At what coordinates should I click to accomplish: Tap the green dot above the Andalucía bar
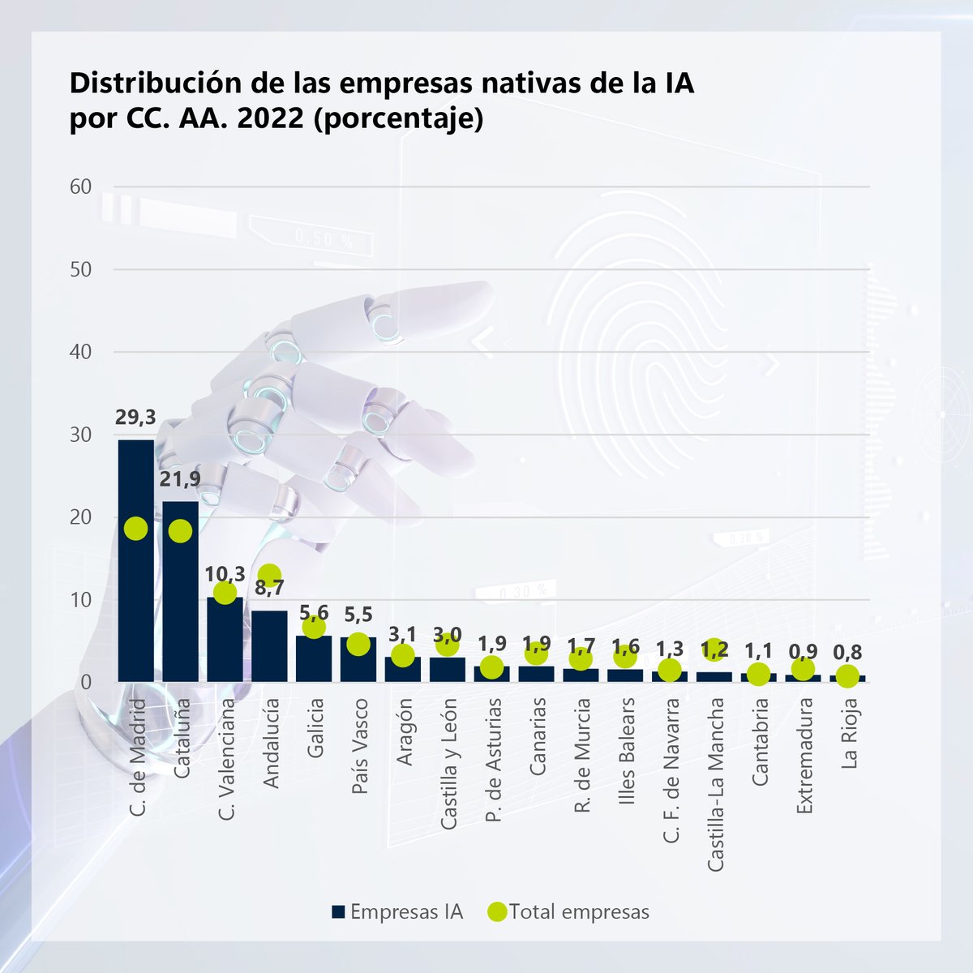click(270, 575)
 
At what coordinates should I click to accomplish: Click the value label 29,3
click(136, 418)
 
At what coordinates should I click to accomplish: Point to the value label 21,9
click(180, 479)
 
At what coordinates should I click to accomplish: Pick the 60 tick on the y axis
click(80, 186)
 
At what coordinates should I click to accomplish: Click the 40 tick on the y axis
click(80, 352)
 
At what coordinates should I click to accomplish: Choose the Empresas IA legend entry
click(397, 911)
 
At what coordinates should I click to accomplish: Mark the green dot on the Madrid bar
click(135, 528)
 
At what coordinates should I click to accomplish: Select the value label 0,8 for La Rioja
click(847, 652)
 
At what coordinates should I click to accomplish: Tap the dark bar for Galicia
click(314, 658)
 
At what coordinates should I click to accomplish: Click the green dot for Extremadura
click(803, 670)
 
